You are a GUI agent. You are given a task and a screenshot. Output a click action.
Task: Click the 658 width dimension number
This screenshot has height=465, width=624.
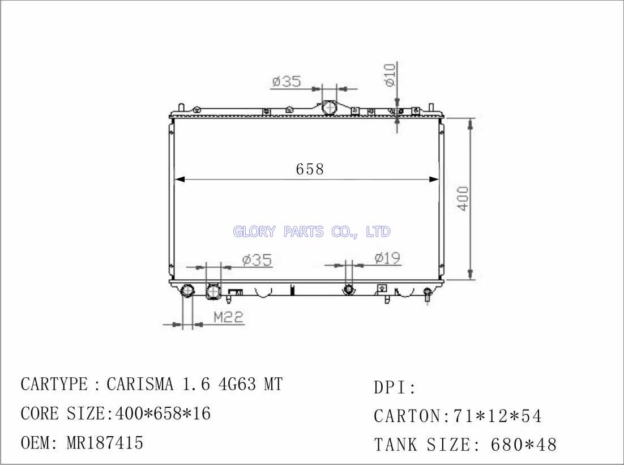(x=310, y=169)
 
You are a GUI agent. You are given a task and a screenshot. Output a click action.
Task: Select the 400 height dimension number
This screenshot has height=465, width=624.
(x=463, y=199)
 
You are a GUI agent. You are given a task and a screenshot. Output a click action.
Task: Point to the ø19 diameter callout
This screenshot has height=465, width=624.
(x=387, y=258)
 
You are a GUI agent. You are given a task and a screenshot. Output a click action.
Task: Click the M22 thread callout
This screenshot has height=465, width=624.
(x=228, y=317)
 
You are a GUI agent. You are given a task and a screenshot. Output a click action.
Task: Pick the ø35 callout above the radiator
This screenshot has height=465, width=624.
(x=287, y=81)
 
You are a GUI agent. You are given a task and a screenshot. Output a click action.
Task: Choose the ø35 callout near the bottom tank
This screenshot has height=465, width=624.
(x=257, y=260)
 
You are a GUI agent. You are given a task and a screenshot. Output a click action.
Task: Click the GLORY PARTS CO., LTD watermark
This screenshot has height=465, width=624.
(x=311, y=231)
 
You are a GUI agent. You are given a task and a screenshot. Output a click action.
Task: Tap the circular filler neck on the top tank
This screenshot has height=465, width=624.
(x=329, y=108)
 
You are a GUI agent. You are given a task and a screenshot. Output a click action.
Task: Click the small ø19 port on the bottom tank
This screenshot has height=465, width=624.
(x=349, y=289)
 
